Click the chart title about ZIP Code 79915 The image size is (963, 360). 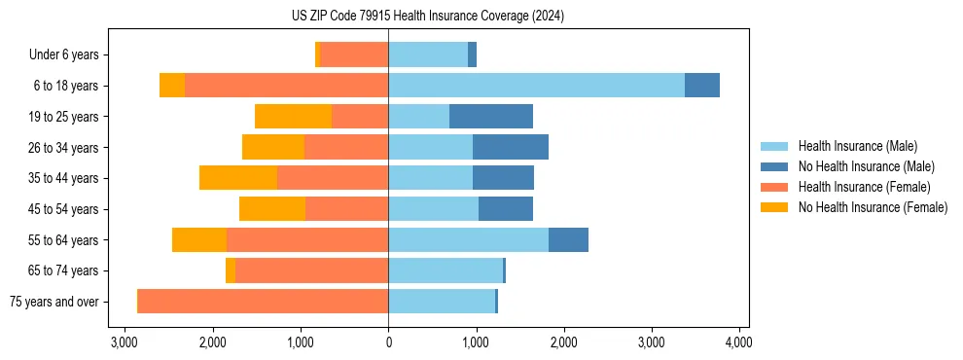[427, 17]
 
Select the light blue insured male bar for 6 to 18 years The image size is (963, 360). [536, 86]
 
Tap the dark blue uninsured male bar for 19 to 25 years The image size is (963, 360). [491, 117]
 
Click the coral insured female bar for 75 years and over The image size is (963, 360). [263, 302]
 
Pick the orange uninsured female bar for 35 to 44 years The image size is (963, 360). [238, 178]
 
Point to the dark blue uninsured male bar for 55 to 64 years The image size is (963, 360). [568, 240]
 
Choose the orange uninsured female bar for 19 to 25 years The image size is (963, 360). [293, 117]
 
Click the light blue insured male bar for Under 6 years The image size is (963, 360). [428, 55]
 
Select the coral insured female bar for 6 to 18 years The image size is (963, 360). [287, 86]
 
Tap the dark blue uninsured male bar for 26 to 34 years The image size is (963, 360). [511, 148]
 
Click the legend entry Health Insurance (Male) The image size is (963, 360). [857, 146]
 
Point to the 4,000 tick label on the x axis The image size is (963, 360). [738, 342]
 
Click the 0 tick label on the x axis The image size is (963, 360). [388, 342]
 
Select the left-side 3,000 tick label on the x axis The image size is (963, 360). [125, 342]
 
